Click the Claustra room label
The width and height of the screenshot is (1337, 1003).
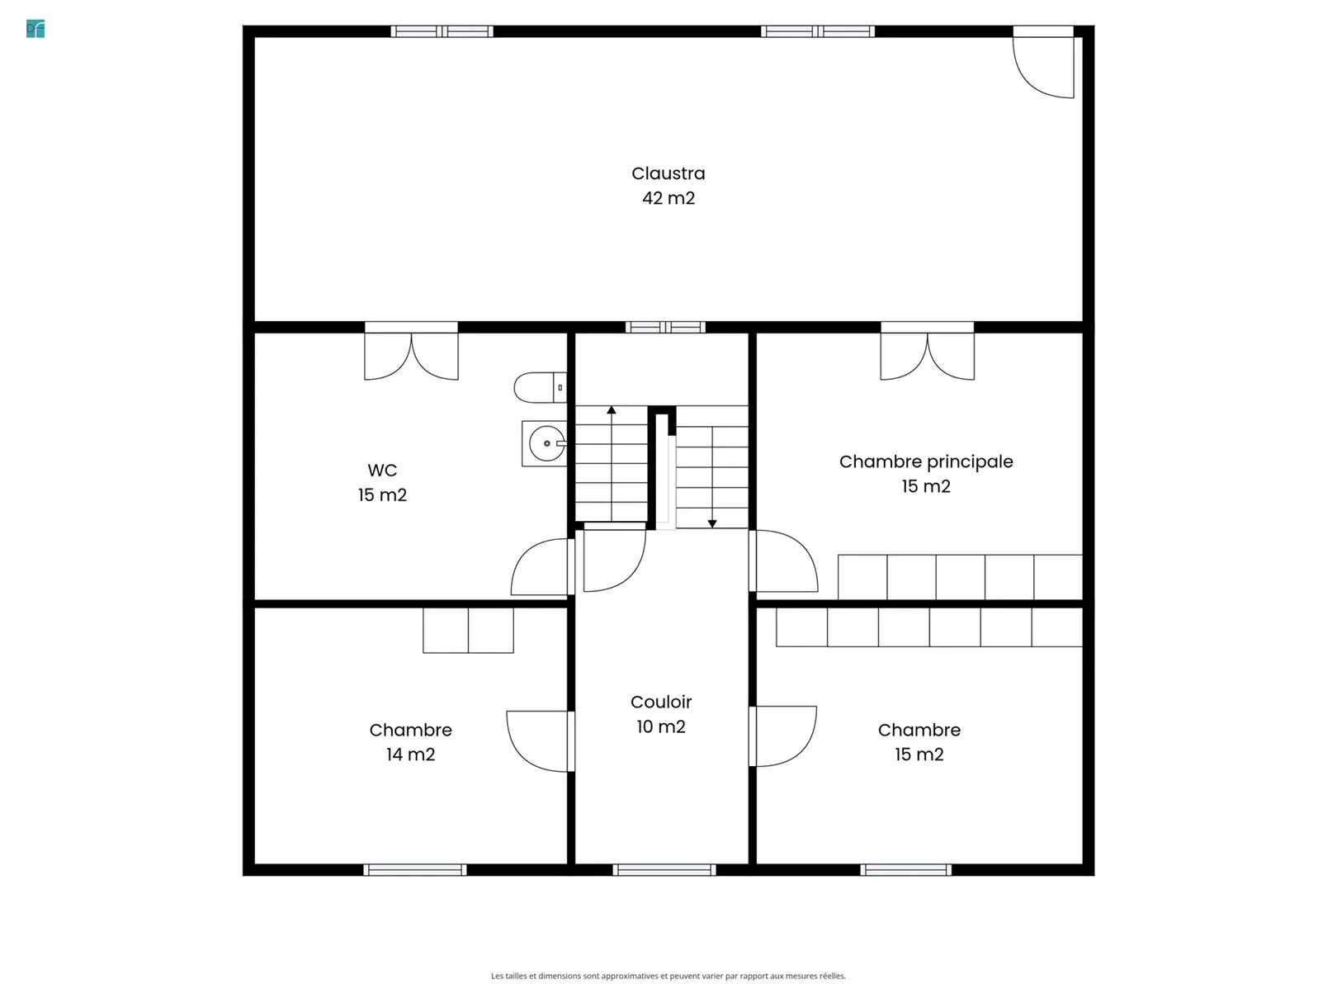(668, 173)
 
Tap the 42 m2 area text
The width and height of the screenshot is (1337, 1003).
(668, 198)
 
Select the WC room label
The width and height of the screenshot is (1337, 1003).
(382, 471)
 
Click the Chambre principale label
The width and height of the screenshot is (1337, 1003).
(925, 461)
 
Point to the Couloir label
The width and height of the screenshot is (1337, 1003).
(661, 702)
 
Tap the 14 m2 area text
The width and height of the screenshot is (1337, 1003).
(410, 754)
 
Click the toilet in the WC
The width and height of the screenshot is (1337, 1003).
(541, 387)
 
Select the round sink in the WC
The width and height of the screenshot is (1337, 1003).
(546, 443)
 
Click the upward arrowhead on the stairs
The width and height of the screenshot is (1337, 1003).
(611, 409)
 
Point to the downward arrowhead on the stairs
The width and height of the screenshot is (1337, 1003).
(711, 523)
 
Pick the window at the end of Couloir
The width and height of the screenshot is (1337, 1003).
(664, 869)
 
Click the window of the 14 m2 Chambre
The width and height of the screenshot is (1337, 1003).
(415, 869)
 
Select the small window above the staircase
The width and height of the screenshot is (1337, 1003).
(665, 327)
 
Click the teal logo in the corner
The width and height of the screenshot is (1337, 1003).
(35, 29)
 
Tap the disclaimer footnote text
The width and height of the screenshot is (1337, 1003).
(668, 976)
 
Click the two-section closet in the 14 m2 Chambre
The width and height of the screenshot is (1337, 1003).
(468, 631)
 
